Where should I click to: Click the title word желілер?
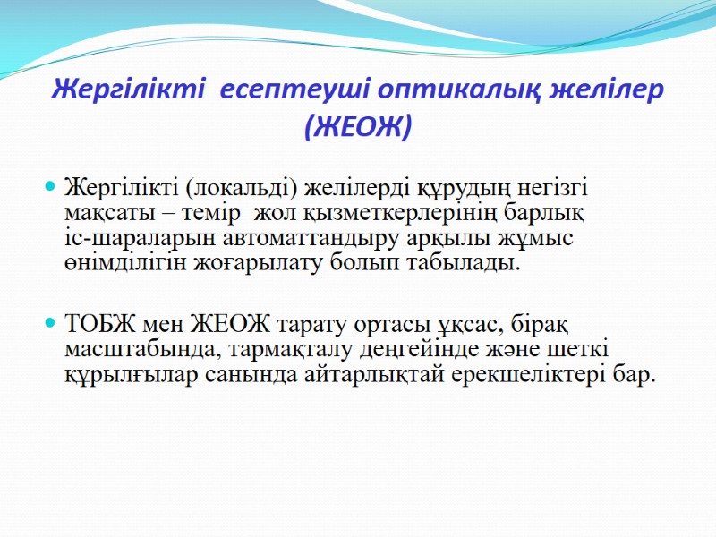tap(612, 90)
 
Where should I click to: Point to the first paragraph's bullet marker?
tap(51, 187)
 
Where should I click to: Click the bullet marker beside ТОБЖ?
tap(51, 320)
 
